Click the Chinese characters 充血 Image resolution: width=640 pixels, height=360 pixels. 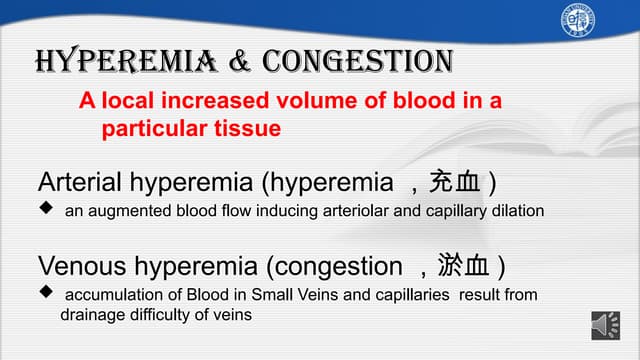[454, 183]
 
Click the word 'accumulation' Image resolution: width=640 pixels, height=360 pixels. [110, 295]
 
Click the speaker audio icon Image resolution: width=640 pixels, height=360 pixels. [606, 326]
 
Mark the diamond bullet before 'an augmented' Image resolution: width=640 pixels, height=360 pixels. [45, 211]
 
